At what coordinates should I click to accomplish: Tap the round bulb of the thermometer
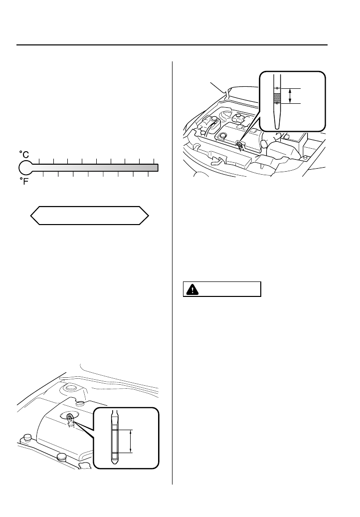[x=25, y=168]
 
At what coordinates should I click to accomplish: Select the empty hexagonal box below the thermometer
[x=90, y=216]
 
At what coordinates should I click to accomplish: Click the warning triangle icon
[x=191, y=289]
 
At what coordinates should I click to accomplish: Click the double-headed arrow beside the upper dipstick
[x=291, y=96]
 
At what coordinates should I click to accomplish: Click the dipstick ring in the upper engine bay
[x=239, y=145]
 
